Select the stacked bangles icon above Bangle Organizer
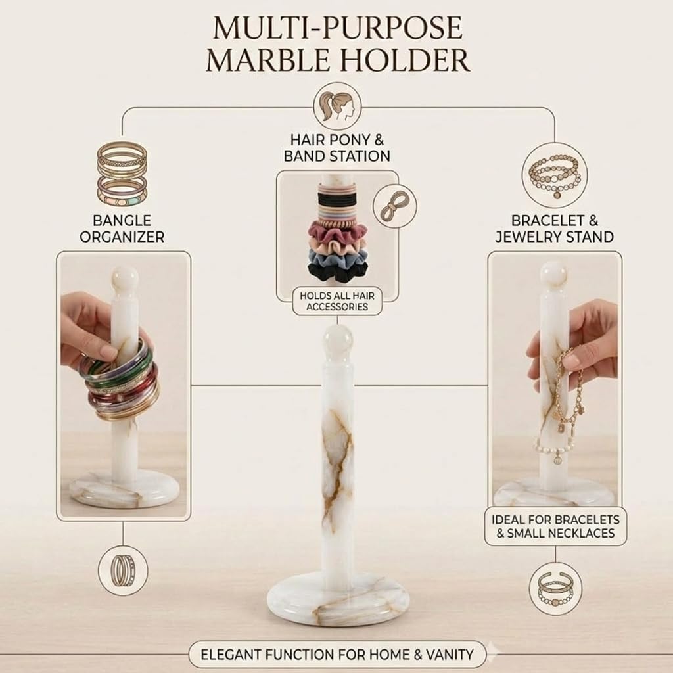pyautogui.click(x=122, y=174)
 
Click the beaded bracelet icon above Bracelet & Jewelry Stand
pyautogui.click(x=555, y=175)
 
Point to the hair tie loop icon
pyautogui.click(x=394, y=206)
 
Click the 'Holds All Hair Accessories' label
pyautogui.click(x=337, y=301)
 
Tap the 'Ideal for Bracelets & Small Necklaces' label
pyautogui.click(x=555, y=526)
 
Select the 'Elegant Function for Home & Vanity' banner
pyautogui.click(x=337, y=655)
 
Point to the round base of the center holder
pyautogui.click(x=338, y=599)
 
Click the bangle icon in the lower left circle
pyautogui.click(x=123, y=570)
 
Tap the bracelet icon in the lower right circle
pyautogui.click(x=555, y=588)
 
